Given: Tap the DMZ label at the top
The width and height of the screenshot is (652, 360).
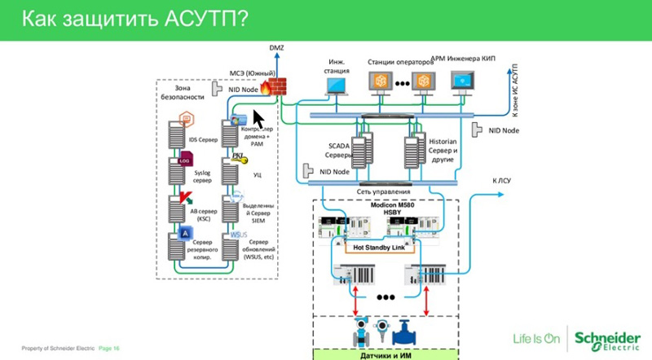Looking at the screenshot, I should [x=276, y=51].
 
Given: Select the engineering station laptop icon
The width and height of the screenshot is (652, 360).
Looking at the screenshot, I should [x=338, y=82].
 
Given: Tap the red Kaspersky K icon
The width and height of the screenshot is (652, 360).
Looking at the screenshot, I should [x=185, y=198].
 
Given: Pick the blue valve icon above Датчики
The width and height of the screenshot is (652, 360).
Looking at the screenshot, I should [x=405, y=334].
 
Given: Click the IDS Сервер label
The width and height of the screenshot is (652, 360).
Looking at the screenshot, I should [x=203, y=140].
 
